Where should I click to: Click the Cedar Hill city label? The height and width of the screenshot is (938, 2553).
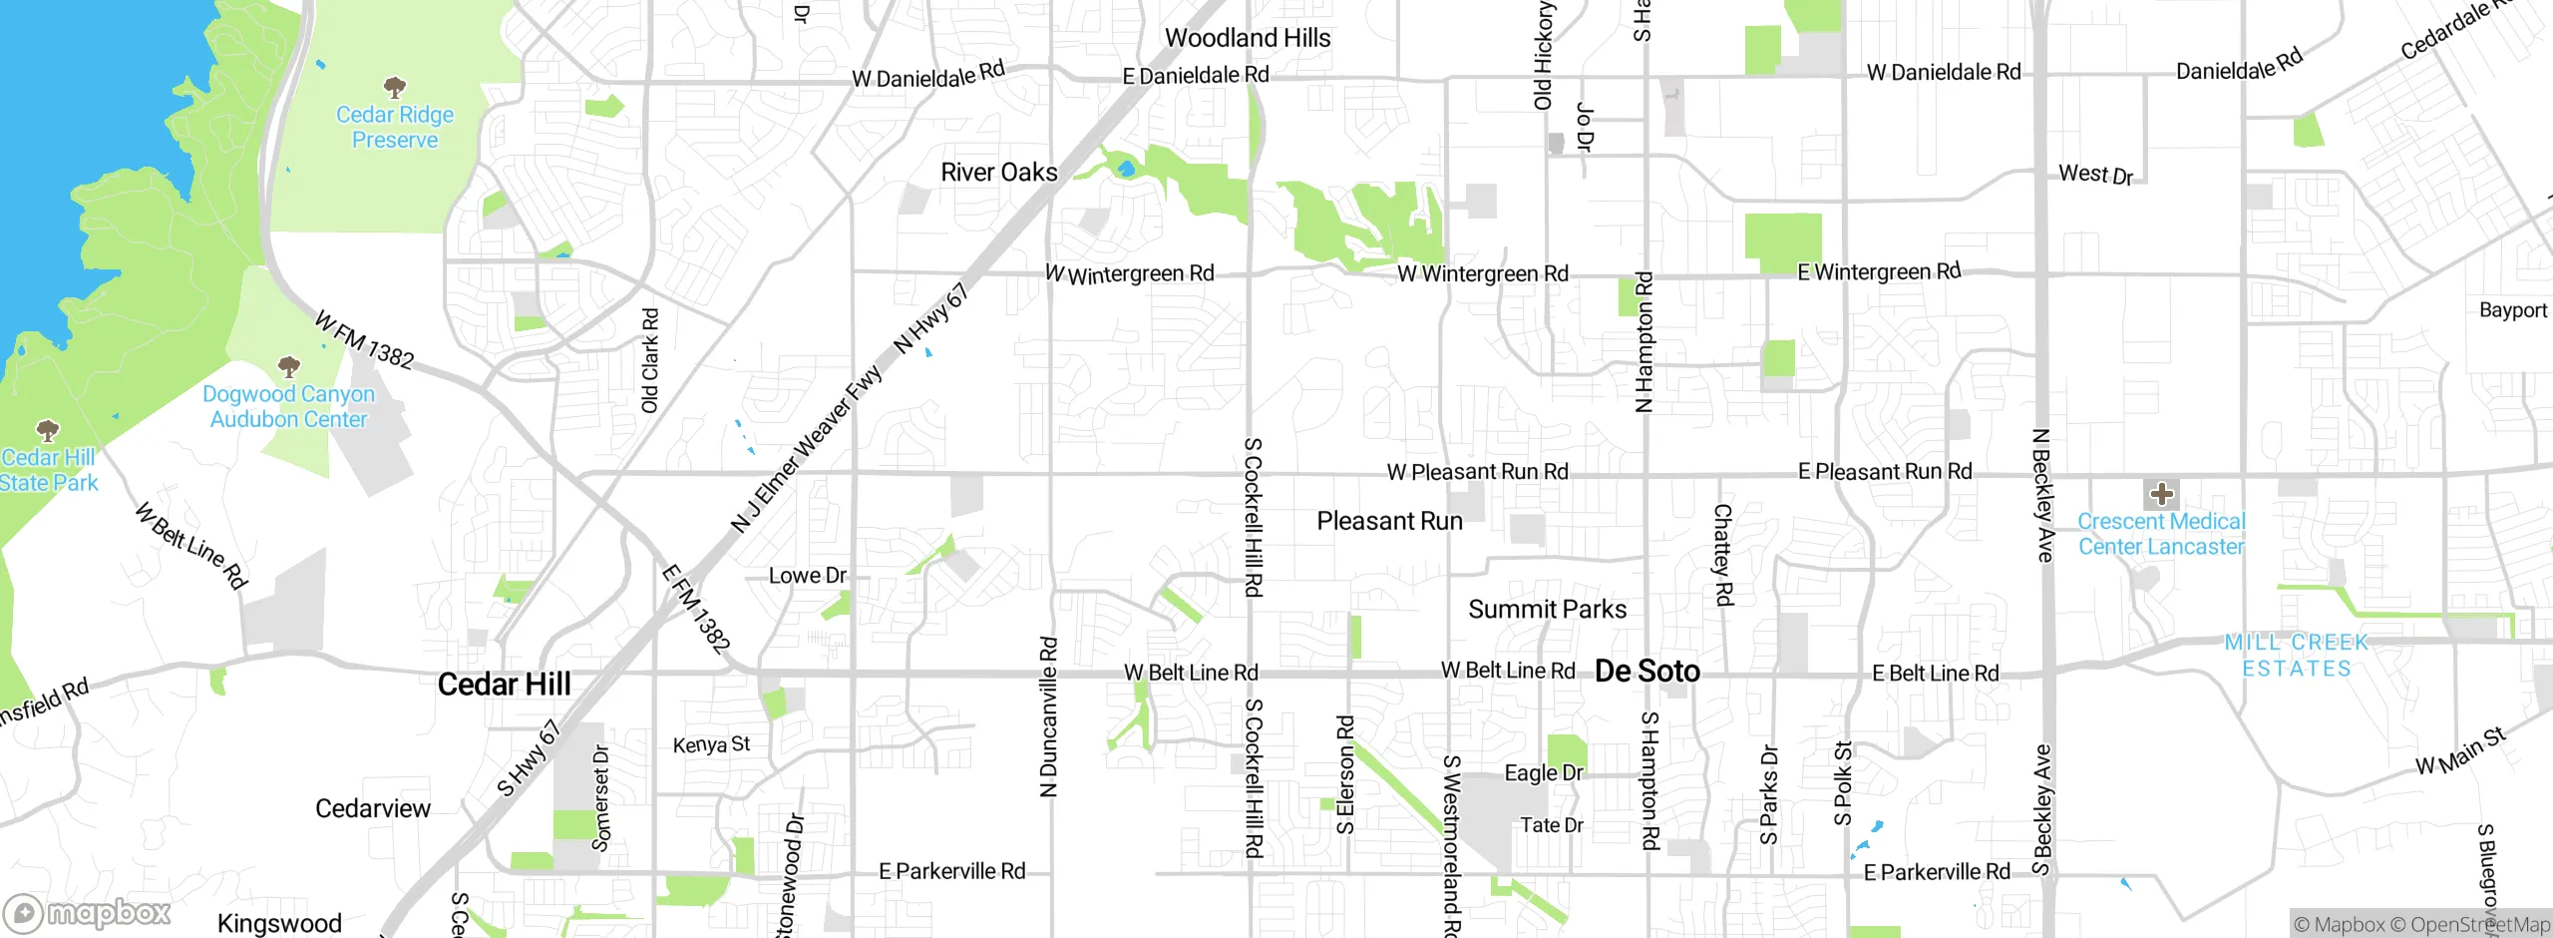click(x=504, y=685)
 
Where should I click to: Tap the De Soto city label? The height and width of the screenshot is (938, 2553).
click(x=1646, y=672)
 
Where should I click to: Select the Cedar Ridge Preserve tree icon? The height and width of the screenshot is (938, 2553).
click(x=395, y=87)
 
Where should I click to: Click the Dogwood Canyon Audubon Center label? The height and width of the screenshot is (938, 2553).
click(x=288, y=407)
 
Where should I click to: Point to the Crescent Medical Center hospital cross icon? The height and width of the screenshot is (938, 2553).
click(x=2161, y=494)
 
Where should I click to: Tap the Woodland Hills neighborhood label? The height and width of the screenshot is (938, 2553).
click(x=1247, y=38)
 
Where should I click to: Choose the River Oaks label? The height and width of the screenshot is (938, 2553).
click(x=998, y=172)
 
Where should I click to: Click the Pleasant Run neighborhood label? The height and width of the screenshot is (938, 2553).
click(x=1389, y=521)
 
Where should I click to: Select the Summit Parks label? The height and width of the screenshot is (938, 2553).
click(x=1547, y=609)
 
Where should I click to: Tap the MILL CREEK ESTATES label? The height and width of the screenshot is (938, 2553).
click(x=2296, y=656)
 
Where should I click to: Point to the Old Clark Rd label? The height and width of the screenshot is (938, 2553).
click(x=649, y=360)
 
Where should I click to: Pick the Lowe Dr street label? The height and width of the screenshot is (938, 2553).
click(x=807, y=576)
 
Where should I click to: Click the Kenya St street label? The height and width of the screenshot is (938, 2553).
click(x=711, y=744)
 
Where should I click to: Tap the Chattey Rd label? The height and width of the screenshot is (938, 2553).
click(x=1722, y=555)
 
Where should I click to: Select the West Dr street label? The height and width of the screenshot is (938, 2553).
click(x=2095, y=175)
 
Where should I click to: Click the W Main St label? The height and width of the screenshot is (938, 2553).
click(x=2459, y=751)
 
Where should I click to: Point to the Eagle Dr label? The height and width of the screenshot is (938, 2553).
click(x=1544, y=773)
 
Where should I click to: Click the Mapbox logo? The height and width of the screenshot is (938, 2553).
click(x=88, y=913)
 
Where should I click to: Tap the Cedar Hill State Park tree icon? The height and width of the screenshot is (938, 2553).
click(x=47, y=431)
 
